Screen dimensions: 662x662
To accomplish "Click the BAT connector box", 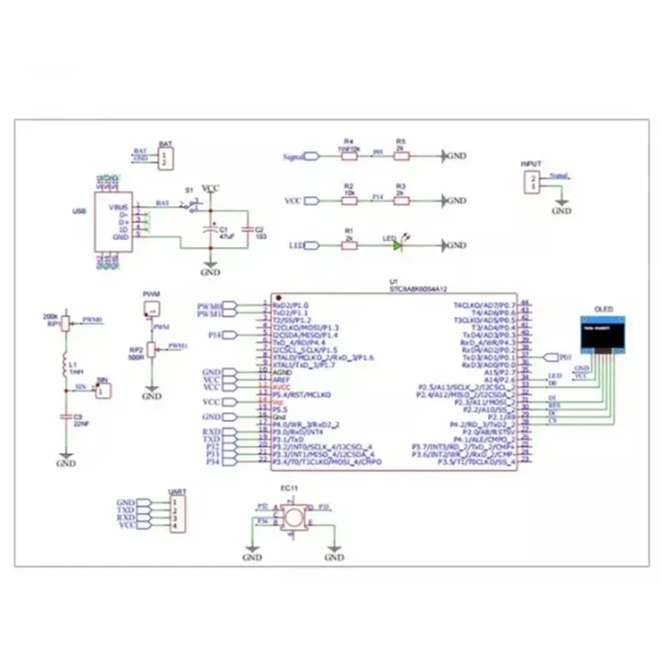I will [x=165, y=160].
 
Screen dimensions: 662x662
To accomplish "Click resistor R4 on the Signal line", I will [x=348, y=156].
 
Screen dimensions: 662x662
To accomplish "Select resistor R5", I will [x=401, y=156].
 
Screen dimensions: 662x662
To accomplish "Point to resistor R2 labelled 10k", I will [x=348, y=200].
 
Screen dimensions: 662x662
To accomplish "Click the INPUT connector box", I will [x=531, y=182].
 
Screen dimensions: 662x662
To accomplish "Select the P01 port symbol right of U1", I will [x=551, y=356].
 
